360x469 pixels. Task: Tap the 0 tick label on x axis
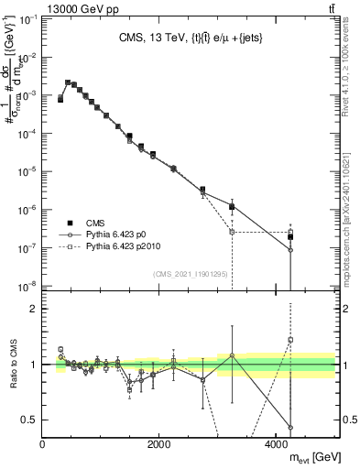[x=43, y=444]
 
